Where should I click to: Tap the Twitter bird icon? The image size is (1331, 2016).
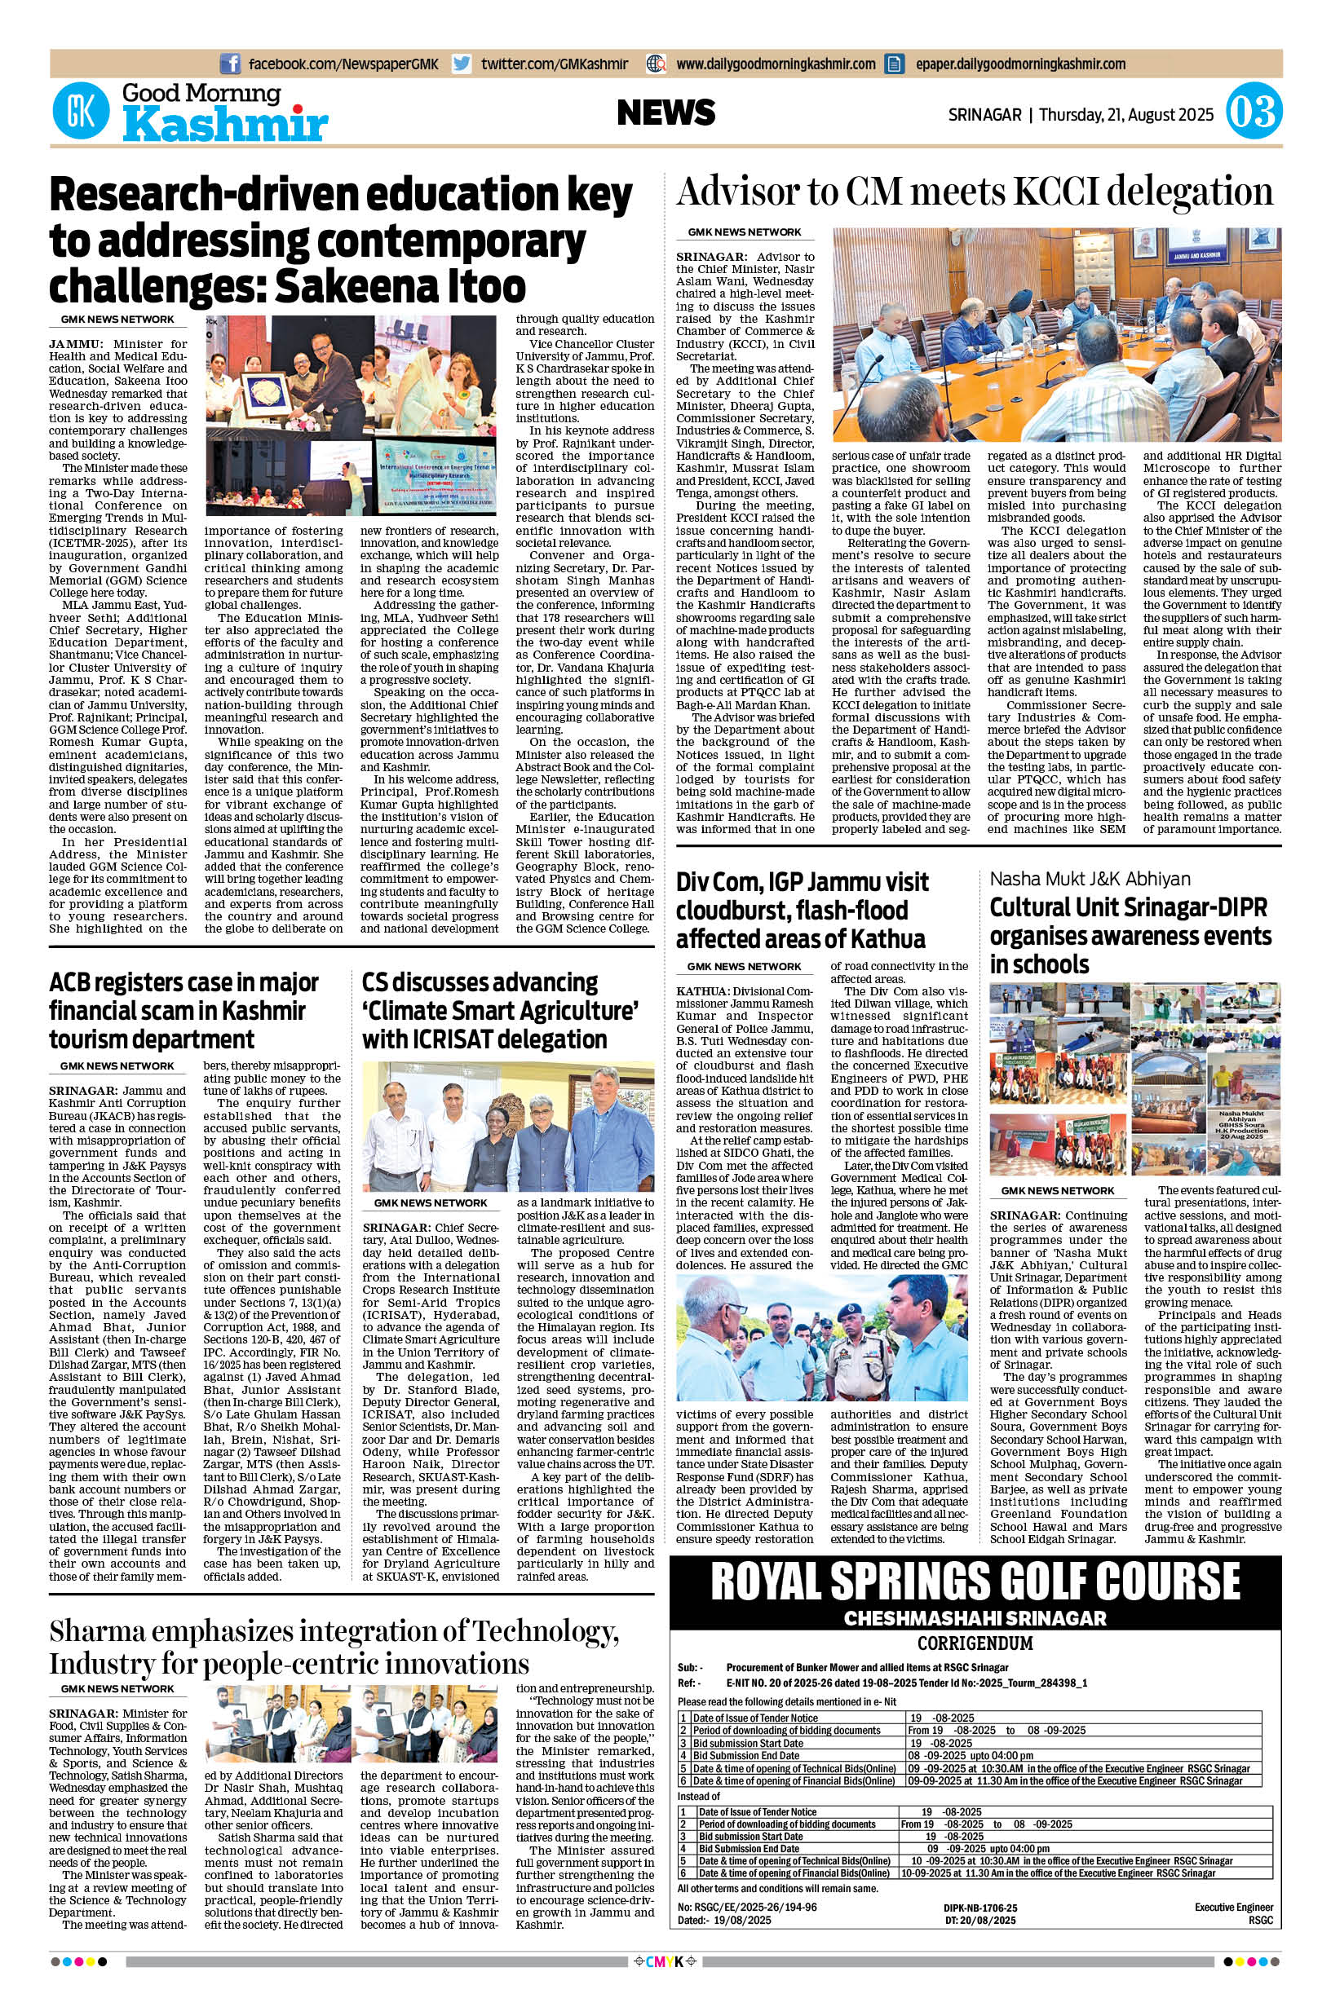coord(462,64)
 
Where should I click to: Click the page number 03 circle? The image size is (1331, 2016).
coord(1253,113)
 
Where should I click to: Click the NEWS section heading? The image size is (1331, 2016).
coord(665,112)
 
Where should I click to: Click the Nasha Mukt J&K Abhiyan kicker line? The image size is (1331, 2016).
coord(1090,879)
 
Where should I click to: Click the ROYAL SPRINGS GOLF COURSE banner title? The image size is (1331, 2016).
coord(975,1581)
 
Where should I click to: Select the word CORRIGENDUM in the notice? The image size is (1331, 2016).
coord(975,1643)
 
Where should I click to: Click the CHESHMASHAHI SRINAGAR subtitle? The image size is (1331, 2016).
coord(975,1618)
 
